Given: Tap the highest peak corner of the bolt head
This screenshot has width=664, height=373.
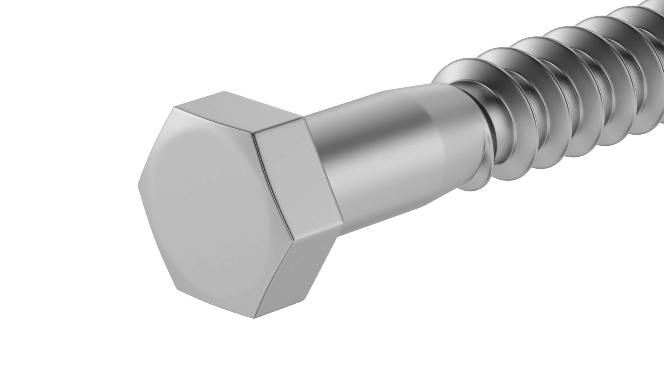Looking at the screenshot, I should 225,91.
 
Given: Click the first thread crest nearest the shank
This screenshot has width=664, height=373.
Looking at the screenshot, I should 486,118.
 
